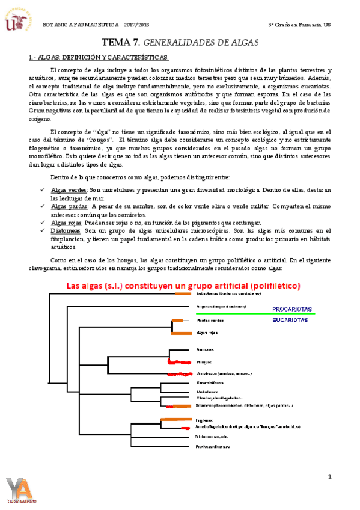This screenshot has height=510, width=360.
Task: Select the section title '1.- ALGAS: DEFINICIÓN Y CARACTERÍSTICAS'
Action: tap(99, 57)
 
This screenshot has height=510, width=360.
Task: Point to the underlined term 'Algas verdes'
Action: tap(69, 190)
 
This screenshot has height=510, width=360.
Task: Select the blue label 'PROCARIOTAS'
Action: tap(292, 309)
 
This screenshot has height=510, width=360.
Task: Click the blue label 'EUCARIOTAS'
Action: tap(291, 321)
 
